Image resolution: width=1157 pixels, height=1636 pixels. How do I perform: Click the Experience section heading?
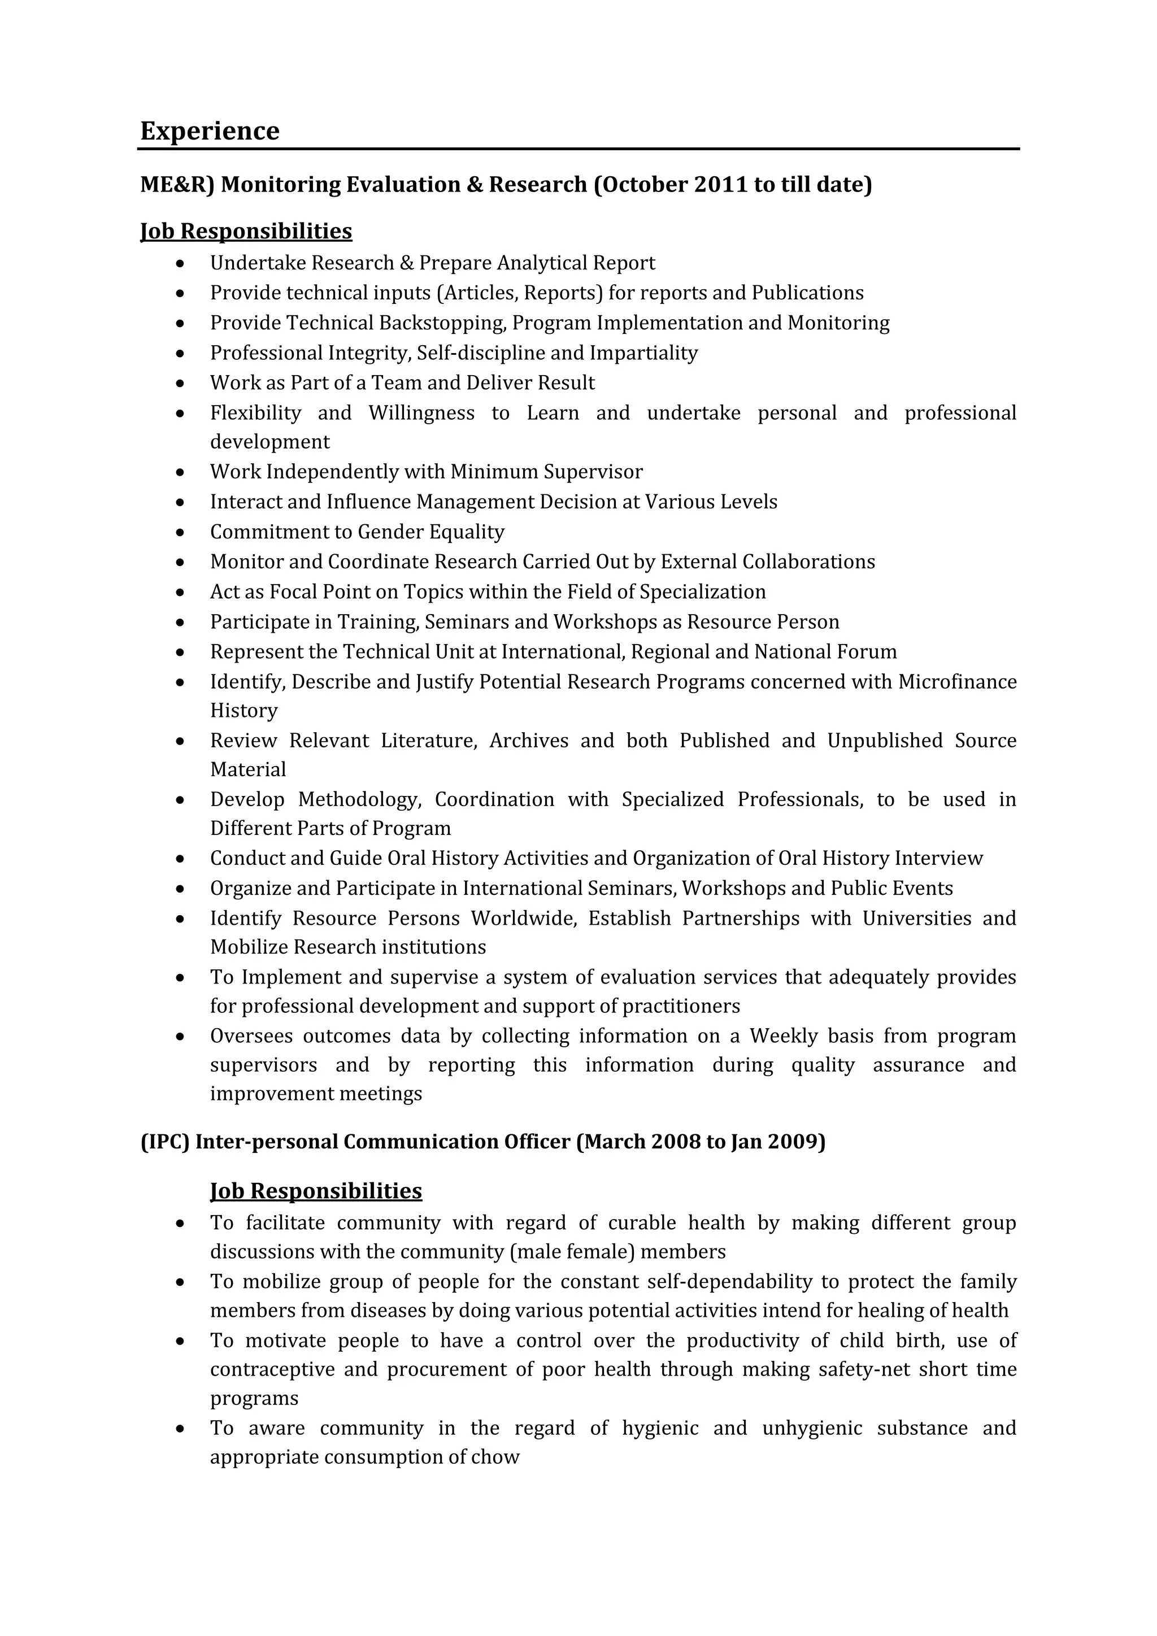tap(210, 131)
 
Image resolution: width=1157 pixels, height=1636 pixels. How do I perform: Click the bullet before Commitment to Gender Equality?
tap(181, 532)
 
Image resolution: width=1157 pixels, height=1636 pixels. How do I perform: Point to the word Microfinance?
tap(957, 682)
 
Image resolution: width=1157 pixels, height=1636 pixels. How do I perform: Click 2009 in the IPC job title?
tap(796, 1142)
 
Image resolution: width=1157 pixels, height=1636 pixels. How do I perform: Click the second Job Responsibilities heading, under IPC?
tap(316, 1191)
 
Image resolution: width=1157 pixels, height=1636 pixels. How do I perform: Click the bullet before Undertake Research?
tap(181, 264)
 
